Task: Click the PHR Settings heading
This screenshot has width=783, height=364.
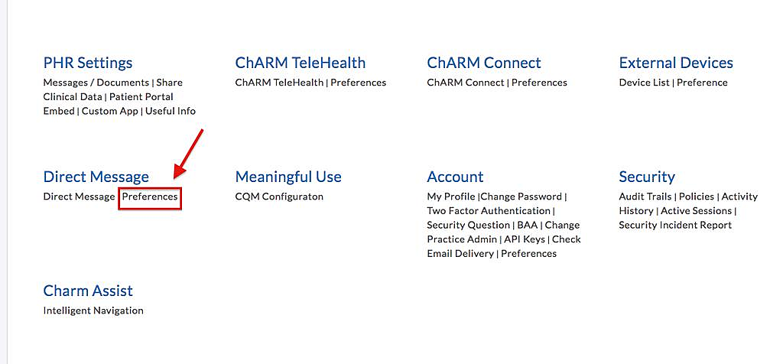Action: [x=88, y=63]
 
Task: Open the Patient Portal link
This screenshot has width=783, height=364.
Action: [x=141, y=96]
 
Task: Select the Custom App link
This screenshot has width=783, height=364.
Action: [x=110, y=111]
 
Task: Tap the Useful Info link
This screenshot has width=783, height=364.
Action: [x=171, y=111]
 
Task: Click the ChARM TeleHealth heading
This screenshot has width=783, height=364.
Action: [x=301, y=63]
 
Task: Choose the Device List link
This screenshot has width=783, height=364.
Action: [x=644, y=83]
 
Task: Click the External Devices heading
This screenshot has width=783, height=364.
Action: [x=676, y=63]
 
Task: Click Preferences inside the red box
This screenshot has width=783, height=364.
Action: [x=150, y=197]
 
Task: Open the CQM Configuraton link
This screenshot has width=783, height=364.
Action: [x=279, y=197]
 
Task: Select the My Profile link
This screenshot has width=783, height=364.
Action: [x=450, y=197]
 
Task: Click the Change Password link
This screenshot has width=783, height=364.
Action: [x=521, y=197]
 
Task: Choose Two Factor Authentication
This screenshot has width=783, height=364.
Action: [x=489, y=211]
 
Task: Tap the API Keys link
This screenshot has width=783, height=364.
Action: [x=525, y=239]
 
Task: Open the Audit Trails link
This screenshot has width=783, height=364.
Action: [x=645, y=197]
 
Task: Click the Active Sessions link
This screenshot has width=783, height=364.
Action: [x=696, y=211]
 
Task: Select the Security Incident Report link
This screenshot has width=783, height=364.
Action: [x=675, y=226]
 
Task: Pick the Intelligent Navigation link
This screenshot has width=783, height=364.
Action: [x=93, y=310]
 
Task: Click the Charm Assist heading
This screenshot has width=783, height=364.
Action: [x=88, y=291]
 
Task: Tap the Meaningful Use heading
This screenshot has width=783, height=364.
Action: [x=288, y=177]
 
